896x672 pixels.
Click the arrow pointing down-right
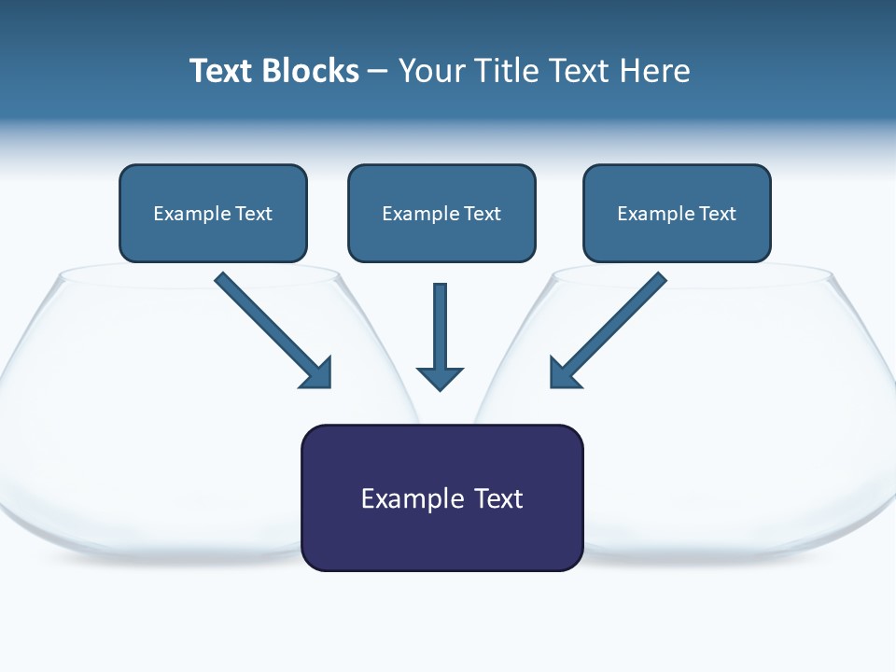pyautogui.click(x=271, y=328)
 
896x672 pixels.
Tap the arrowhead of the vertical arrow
pyautogui.click(x=440, y=377)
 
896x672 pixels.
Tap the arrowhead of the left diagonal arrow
pyautogui.click(x=317, y=372)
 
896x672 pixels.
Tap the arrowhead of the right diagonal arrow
pyautogui.click(x=564, y=372)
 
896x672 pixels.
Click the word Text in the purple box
pyautogui.click(x=498, y=498)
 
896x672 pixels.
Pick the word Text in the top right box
pyautogui.click(x=717, y=214)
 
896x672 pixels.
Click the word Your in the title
pyautogui.click(x=430, y=71)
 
